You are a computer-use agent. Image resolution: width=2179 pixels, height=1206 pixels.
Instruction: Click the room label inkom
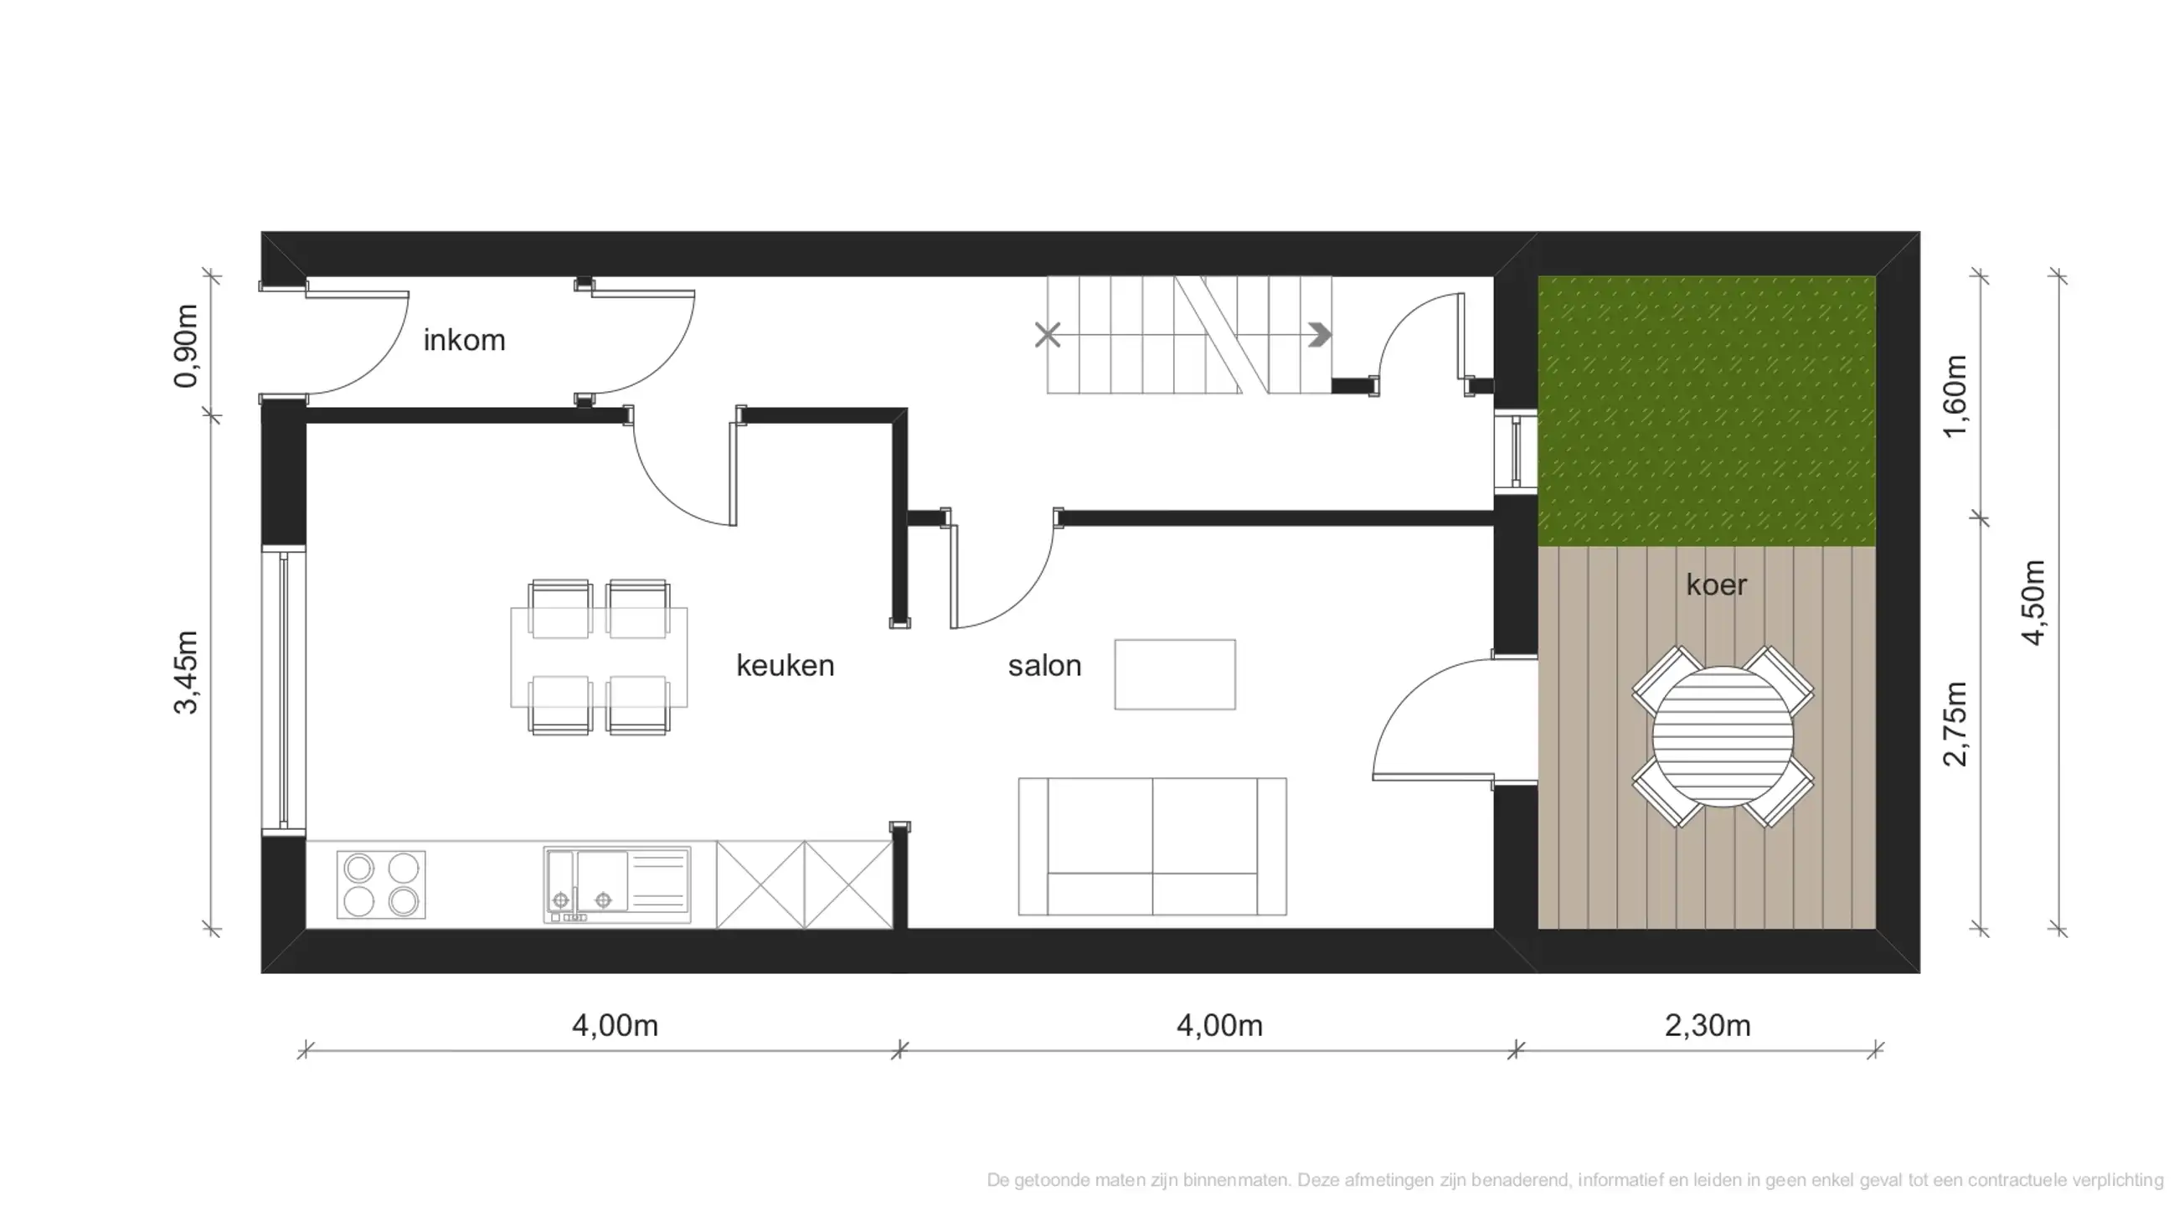[x=464, y=340]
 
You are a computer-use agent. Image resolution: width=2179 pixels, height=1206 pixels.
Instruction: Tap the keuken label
[x=785, y=666]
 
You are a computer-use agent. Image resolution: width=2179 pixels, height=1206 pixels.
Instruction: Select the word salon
[x=1044, y=666]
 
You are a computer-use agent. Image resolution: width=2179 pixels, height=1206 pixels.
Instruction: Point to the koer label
[x=1715, y=585]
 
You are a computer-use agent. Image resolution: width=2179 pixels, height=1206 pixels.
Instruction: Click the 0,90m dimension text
[x=185, y=346]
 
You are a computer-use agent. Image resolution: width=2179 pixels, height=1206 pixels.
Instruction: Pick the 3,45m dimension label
[x=185, y=673]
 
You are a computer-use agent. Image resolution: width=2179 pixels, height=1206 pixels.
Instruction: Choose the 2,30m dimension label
[x=1707, y=1025]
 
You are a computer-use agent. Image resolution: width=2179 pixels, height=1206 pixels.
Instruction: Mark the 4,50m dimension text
[x=2033, y=602]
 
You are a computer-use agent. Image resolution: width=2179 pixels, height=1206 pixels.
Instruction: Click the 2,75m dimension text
[x=1955, y=723]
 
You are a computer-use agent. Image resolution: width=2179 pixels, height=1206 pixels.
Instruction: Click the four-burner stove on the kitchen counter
[x=381, y=884]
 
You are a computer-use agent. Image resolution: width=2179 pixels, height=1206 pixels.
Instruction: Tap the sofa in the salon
[x=1152, y=847]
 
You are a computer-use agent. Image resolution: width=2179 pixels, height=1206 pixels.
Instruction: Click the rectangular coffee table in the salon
[x=1174, y=674]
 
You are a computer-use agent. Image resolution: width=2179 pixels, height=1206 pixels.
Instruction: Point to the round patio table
[x=1723, y=736]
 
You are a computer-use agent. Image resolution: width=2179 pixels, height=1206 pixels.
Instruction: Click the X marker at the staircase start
[x=1047, y=336]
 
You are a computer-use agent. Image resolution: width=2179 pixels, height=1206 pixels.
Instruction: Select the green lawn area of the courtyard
[x=1705, y=411]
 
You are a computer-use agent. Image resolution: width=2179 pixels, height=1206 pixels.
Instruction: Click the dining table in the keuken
[x=599, y=657]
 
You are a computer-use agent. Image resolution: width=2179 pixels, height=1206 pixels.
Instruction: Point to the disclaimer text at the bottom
[x=1574, y=1179]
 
